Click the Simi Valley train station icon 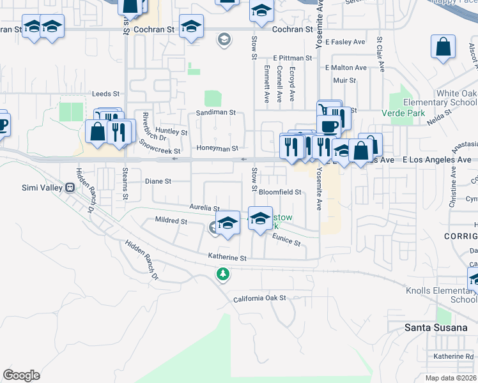[x=70, y=188]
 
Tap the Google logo [x=22, y=375]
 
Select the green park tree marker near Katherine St [x=222, y=274]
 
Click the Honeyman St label [x=217, y=148]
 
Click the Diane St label [x=158, y=181]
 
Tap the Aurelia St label [x=204, y=208]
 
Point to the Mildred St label [x=171, y=221]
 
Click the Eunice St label [x=286, y=240]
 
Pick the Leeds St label [x=105, y=93]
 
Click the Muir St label [x=344, y=80]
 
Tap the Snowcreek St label [x=160, y=151]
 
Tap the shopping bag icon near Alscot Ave [x=443, y=47]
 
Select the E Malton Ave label [x=346, y=68]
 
